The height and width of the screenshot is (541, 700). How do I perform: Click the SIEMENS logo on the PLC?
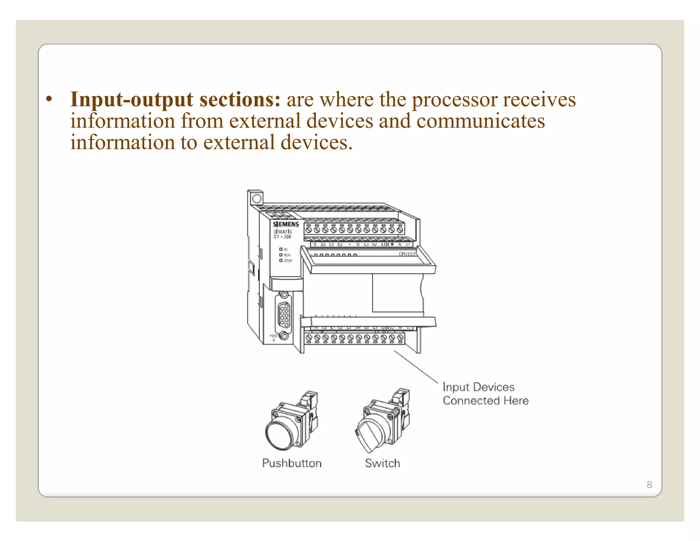(286, 224)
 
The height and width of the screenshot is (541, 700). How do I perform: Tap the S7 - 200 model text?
(282, 237)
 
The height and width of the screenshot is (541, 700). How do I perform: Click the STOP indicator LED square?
(281, 261)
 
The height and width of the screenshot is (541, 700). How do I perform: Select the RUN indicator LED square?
(281, 255)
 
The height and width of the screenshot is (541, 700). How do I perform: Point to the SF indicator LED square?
(281, 249)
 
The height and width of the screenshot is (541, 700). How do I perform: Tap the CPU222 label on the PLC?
(407, 254)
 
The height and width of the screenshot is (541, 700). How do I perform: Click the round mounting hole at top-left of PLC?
(257, 199)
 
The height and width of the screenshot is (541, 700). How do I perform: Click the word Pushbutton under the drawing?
(292, 463)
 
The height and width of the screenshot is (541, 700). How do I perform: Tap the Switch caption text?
(382, 463)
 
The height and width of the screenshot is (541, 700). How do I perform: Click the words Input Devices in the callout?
(478, 387)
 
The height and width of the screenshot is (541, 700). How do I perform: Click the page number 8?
(649, 485)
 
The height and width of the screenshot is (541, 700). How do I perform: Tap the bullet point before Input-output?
(49, 99)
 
